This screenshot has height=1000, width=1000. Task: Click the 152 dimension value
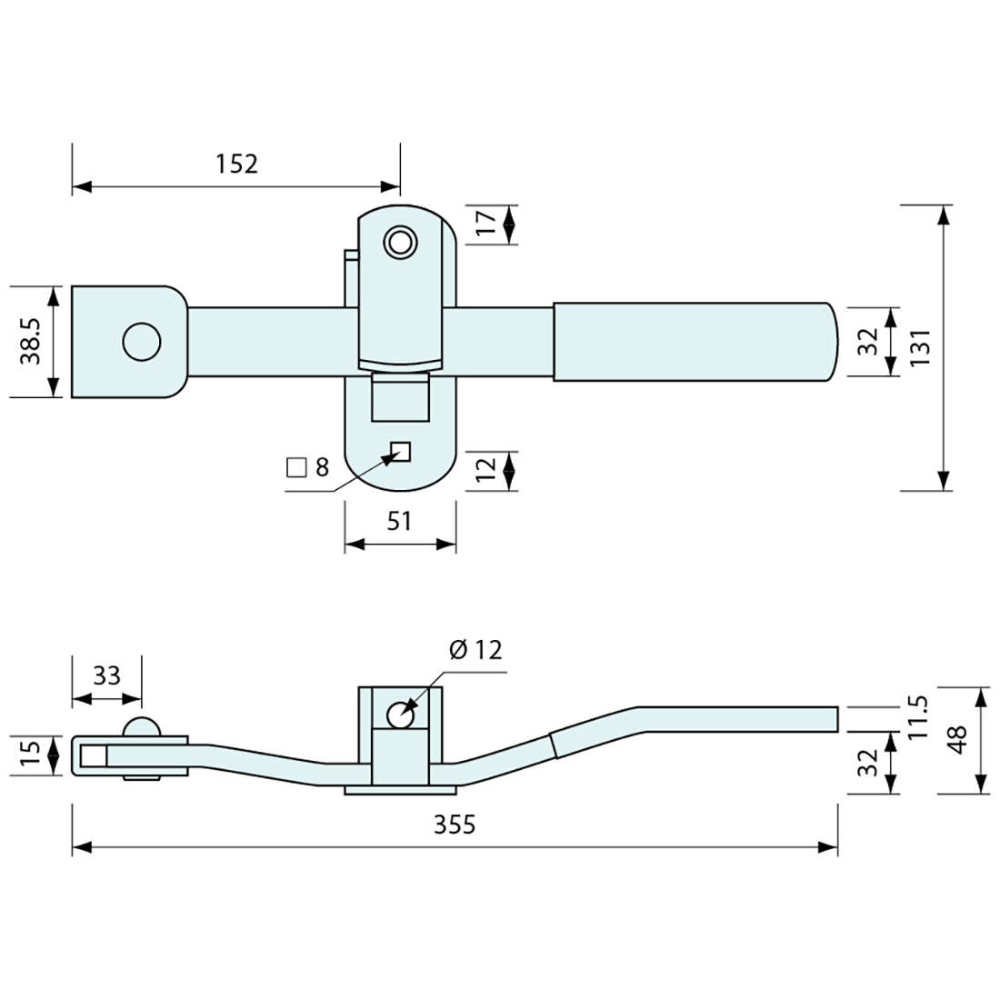tap(236, 164)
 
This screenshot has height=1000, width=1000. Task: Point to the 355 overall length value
tap(454, 825)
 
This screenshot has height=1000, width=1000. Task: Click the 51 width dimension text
tap(400, 521)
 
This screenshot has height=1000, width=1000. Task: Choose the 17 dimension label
tap(485, 224)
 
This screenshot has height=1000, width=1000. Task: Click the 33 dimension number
tap(106, 675)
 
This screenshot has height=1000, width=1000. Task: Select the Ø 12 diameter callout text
tap(475, 649)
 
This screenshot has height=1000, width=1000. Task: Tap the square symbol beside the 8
tap(295, 468)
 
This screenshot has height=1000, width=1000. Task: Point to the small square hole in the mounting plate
tap(401, 451)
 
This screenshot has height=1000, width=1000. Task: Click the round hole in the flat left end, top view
tap(142, 342)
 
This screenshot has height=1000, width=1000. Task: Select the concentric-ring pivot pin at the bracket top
tap(400, 242)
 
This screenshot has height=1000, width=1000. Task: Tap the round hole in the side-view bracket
tap(400, 715)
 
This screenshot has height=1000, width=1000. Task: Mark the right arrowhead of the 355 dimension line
tap(828, 847)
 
